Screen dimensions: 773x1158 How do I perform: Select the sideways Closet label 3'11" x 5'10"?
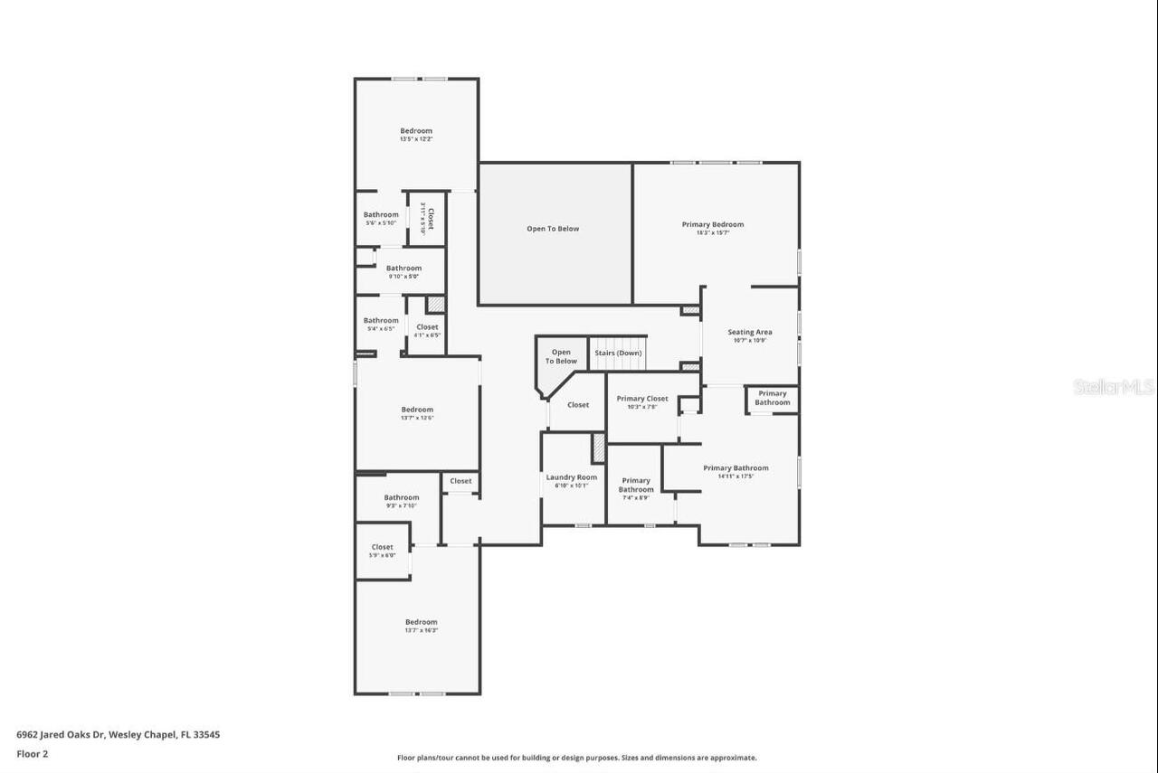click(x=427, y=219)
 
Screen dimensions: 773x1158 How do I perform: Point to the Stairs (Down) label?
click(x=618, y=353)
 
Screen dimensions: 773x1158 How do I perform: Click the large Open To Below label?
click(x=553, y=229)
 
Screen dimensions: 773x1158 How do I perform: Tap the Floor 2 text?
click(x=32, y=753)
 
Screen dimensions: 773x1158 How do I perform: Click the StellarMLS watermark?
click(x=1113, y=387)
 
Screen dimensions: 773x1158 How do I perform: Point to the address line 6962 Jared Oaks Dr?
click(x=118, y=735)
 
